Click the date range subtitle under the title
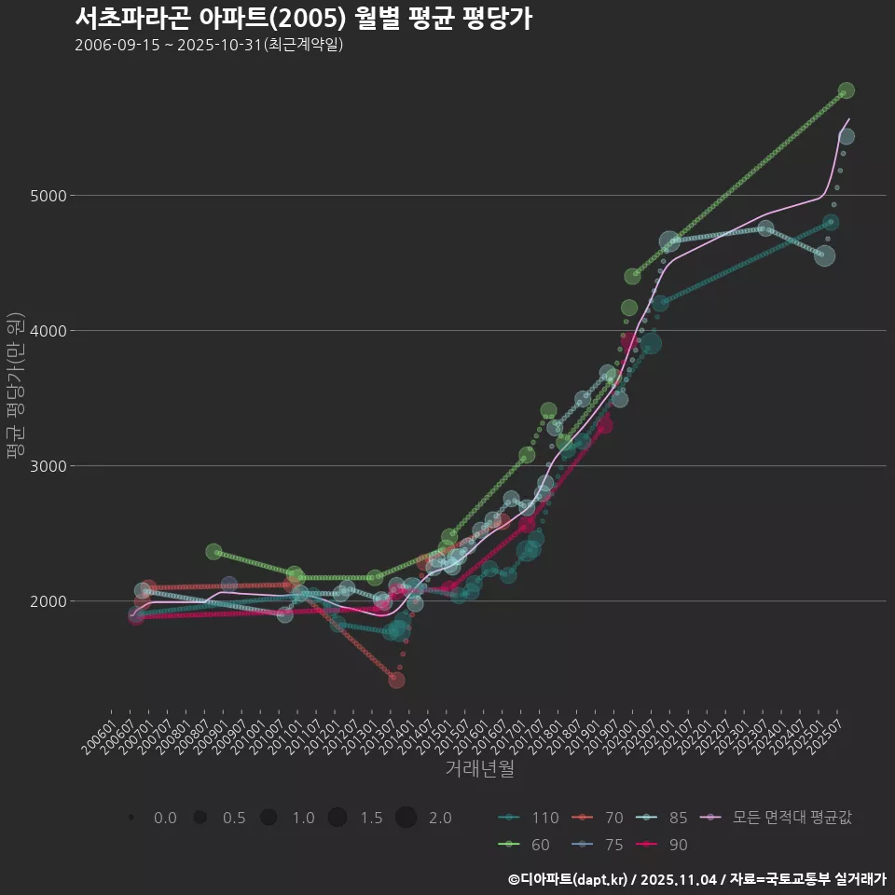coord(209,45)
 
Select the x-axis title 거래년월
coord(479,769)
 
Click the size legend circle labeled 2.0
coord(406,818)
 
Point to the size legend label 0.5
coord(233,818)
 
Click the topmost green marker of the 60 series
coord(846,90)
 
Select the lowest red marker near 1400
coord(396,681)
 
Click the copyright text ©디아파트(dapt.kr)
coord(570,879)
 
